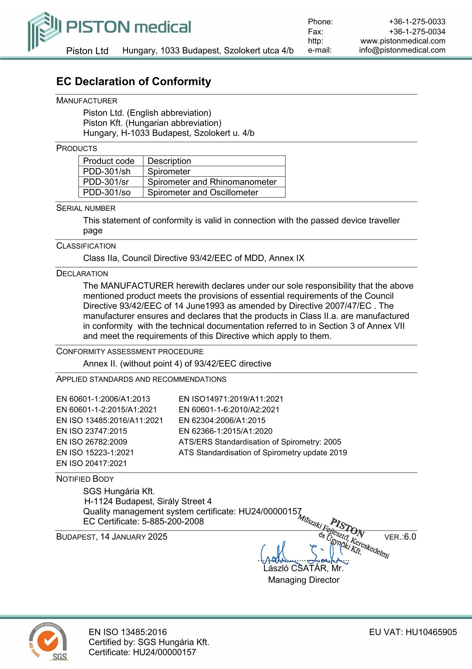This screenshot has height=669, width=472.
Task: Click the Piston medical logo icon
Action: point(44,31)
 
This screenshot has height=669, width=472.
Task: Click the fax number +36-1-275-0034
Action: point(417,32)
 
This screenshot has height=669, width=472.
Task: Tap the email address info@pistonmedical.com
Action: point(402,50)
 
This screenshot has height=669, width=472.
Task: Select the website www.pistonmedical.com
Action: point(403,41)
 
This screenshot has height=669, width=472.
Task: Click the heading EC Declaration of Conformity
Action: point(133,82)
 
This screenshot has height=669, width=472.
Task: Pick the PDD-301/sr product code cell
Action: point(106,182)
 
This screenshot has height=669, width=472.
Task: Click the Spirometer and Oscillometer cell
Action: point(203,192)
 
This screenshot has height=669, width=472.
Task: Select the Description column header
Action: point(169,161)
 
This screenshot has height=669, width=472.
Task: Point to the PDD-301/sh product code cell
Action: point(107,172)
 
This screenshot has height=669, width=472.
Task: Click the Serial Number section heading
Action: point(86,208)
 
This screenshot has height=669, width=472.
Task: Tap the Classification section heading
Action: point(86,246)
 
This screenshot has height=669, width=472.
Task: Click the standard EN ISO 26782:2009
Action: point(92,442)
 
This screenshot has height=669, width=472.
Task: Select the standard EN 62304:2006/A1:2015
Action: point(222,420)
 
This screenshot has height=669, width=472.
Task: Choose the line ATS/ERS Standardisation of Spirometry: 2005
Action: point(260,442)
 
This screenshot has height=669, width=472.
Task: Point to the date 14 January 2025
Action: point(134,537)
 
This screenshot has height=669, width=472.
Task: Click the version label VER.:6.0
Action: point(400,537)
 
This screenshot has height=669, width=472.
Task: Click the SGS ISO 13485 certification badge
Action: point(48,641)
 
